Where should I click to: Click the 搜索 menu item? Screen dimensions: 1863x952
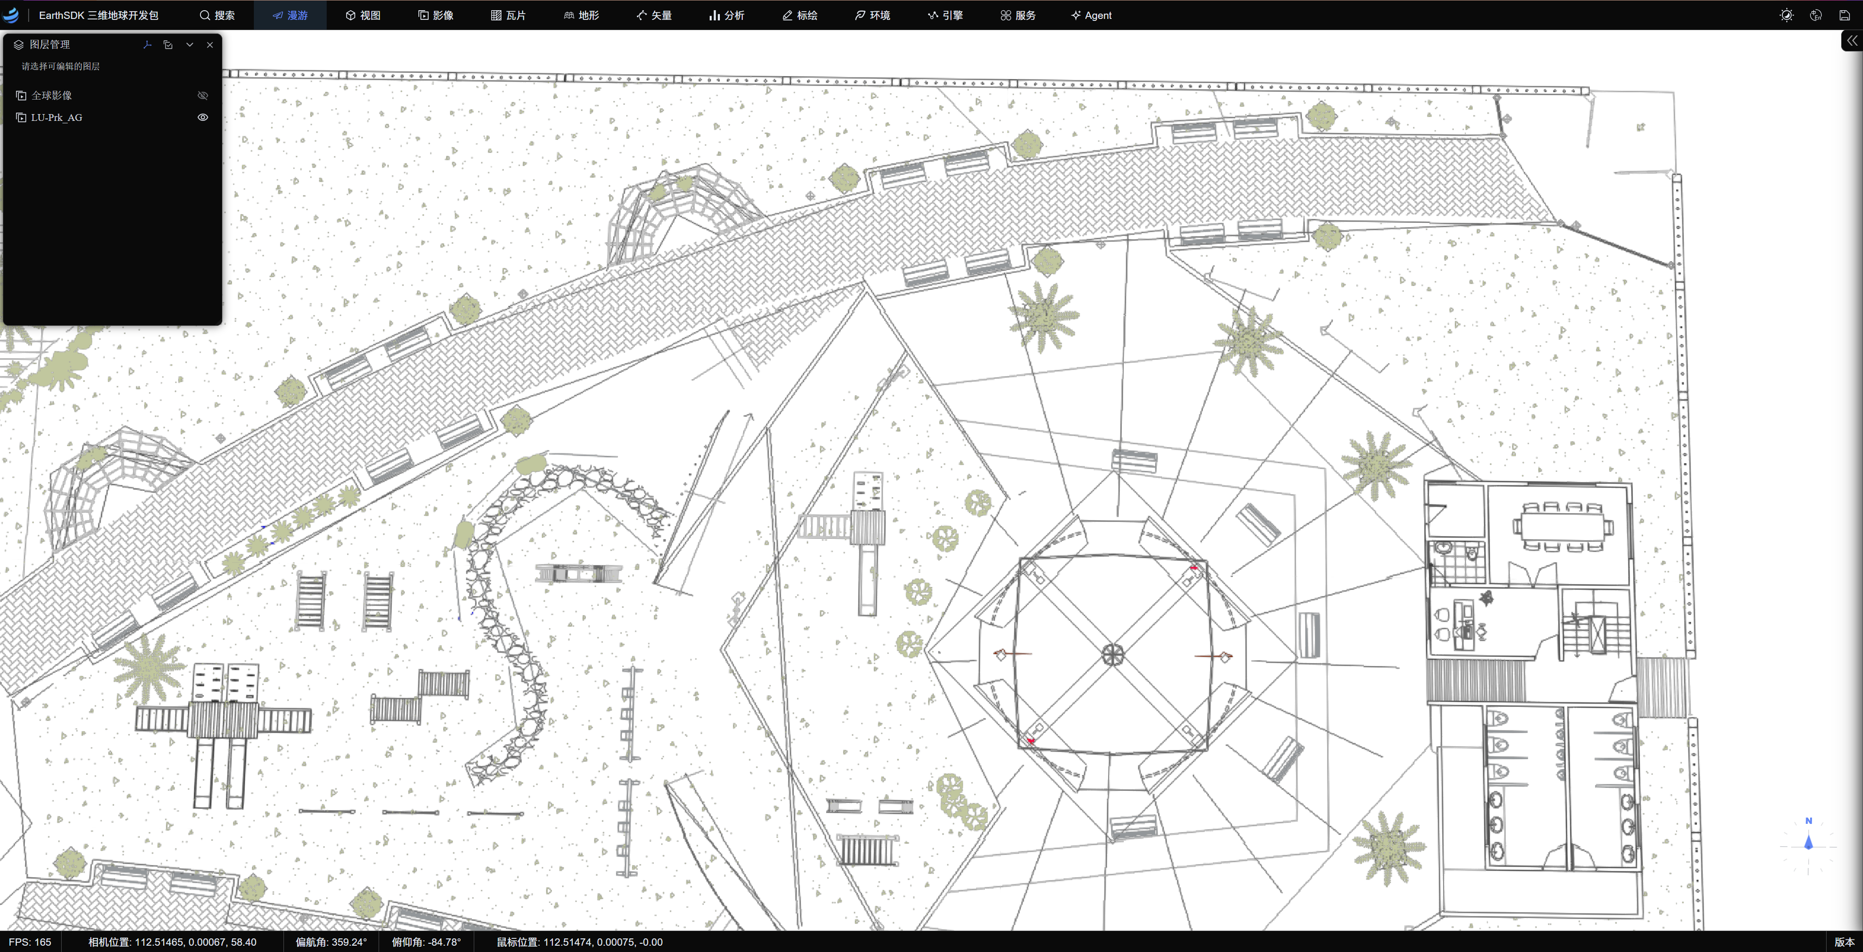[217, 15]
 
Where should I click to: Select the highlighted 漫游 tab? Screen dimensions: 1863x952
[290, 15]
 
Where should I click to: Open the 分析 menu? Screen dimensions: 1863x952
[726, 15]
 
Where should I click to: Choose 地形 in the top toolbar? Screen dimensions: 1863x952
[582, 15]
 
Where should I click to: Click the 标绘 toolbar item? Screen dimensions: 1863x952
[800, 15]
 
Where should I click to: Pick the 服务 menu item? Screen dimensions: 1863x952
[1018, 15]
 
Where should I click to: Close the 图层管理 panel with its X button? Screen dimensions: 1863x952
[210, 45]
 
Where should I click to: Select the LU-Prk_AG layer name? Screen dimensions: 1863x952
[56, 117]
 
